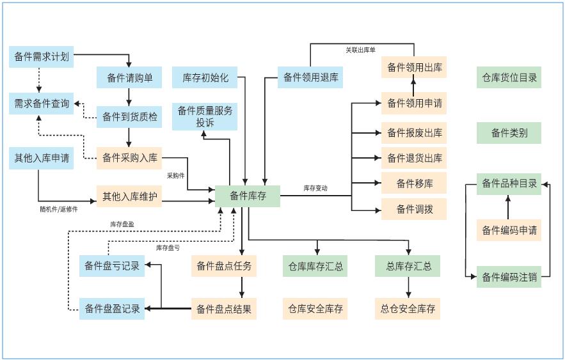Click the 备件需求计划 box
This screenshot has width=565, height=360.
41,57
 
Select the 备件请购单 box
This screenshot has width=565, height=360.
129,78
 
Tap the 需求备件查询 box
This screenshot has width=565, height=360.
41,104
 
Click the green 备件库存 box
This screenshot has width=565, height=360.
248,196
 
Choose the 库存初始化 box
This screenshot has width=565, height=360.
205,78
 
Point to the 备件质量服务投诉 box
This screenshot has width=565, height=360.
205,116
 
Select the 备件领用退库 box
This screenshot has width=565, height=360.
310,78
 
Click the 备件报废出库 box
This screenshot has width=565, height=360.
414,133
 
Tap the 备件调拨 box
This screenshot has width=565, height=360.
414,209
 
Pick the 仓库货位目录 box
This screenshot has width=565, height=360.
509,78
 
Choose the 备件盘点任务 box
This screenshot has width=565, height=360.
224,266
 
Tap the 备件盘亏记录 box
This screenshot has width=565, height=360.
112,266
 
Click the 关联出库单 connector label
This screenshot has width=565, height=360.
360,49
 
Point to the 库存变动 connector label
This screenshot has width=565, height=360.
315,189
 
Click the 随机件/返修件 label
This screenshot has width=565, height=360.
58,209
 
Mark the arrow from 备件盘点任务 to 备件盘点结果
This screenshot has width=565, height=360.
241,288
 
